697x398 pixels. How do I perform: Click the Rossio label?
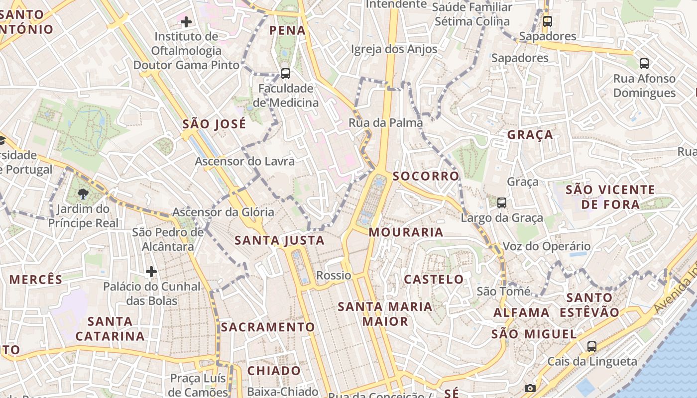(x=334, y=275)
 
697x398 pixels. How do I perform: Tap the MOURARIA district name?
(x=406, y=232)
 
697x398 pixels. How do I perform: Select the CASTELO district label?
(x=434, y=279)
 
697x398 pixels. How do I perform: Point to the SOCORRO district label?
(x=426, y=176)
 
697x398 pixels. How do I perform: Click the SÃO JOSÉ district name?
(x=214, y=124)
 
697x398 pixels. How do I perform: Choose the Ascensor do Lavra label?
(x=244, y=161)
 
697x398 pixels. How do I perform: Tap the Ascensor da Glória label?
(x=223, y=212)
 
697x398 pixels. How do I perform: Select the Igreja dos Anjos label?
(x=394, y=49)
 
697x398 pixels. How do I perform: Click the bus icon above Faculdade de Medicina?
(x=286, y=74)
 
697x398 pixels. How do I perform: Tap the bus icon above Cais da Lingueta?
(x=592, y=347)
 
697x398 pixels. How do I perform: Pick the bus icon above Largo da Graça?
(x=502, y=202)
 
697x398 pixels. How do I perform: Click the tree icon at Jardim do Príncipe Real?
(x=83, y=194)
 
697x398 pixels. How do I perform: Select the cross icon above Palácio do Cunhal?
(x=151, y=272)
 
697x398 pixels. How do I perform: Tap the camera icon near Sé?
(x=530, y=388)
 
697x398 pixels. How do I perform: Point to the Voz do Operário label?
(x=547, y=246)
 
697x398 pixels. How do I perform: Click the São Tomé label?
(x=503, y=291)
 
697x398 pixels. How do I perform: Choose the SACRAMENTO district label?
(x=268, y=327)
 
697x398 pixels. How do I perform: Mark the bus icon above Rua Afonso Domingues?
(x=644, y=64)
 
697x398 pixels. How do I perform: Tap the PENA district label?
(x=287, y=30)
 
